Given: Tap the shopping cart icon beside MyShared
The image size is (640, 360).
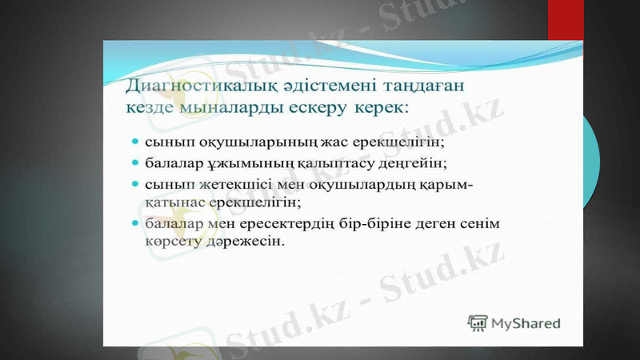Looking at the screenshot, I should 478,323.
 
